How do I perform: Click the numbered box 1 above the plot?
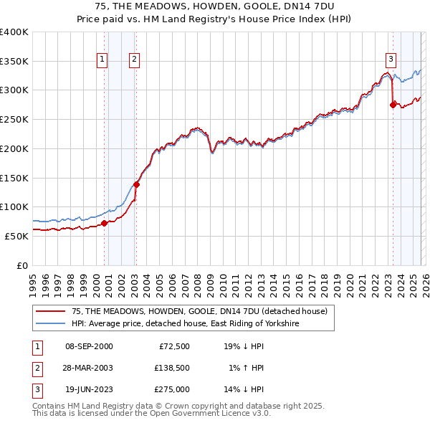(103, 60)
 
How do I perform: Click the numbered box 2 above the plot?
(135, 60)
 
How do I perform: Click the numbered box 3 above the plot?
(391, 60)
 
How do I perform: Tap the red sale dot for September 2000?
(104, 223)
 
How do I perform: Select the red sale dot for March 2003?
(136, 184)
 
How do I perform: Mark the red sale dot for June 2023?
(392, 105)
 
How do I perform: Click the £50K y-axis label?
(16, 236)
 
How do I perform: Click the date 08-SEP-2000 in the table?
(88, 346)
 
